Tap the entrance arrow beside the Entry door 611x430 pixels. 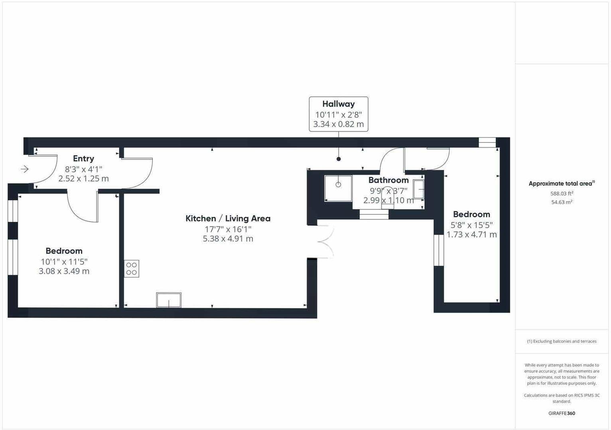click(25, 169)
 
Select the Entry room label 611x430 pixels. click(83, 158)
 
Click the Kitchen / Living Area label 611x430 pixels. click(228, 219)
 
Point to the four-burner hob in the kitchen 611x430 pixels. click(132, 269)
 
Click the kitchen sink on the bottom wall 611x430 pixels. click(169, 300)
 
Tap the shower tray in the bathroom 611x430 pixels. click(338, 188)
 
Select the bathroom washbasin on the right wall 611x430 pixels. click(418, 189)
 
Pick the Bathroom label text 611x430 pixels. click(388, 180)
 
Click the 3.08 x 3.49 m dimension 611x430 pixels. click(64, 272)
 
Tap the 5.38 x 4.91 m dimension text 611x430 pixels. click(228, 239)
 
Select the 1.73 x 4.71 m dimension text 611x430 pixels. click(471, 235)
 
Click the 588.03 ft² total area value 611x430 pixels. click(562, 193)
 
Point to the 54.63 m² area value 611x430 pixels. click(562, 202)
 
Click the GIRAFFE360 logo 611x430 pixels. click(562, 413)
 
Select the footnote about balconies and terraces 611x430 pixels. click(562, 341)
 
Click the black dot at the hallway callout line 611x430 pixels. click(339, 159)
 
